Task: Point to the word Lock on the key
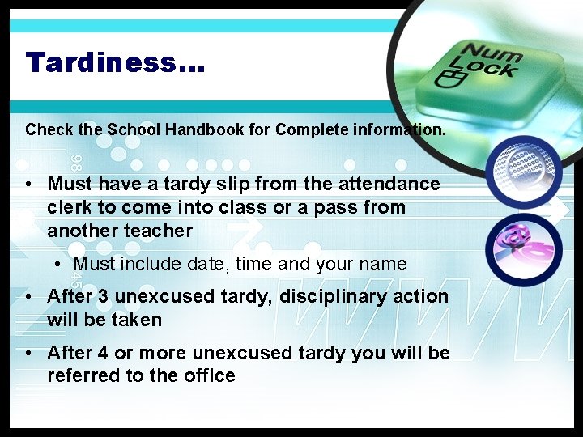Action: pos(489,70)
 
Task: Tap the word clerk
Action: pos(70,208)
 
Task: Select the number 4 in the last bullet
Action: pos(103,353)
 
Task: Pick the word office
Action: pos(209,375)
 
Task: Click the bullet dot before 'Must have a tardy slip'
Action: pos(29,185)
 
